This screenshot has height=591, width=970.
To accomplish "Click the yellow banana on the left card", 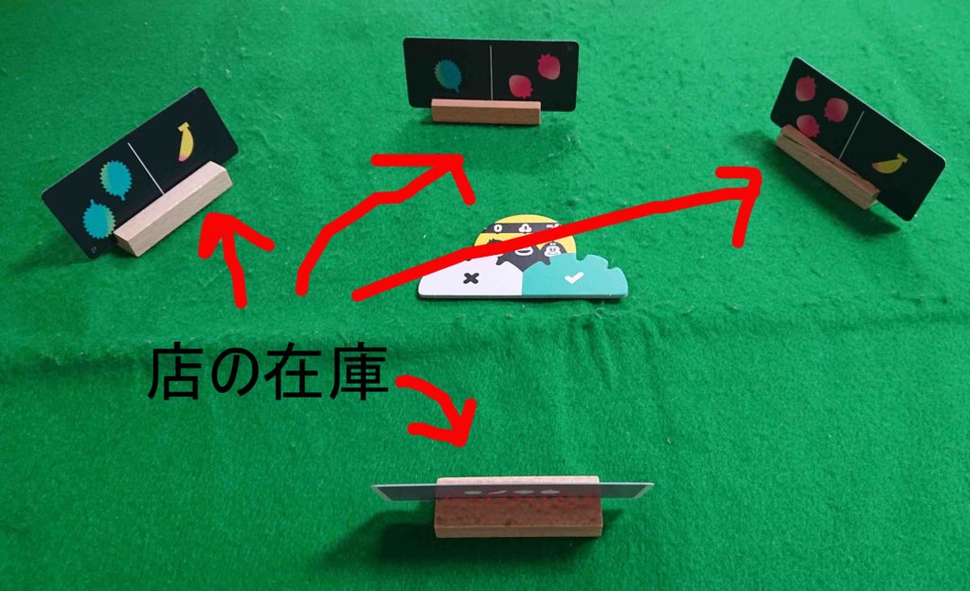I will pyautogui.click(x=185, y=140).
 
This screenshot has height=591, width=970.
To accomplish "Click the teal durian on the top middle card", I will pyautogui.click(x=447, y=75).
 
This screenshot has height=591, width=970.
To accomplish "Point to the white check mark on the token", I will pyautogui.click(x=571, y=278).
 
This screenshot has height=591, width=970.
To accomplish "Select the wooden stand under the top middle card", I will pyautogui.click(x=485, y=111).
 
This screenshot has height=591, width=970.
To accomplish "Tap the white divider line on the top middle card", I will pyautogui.click(x=492, y=73).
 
